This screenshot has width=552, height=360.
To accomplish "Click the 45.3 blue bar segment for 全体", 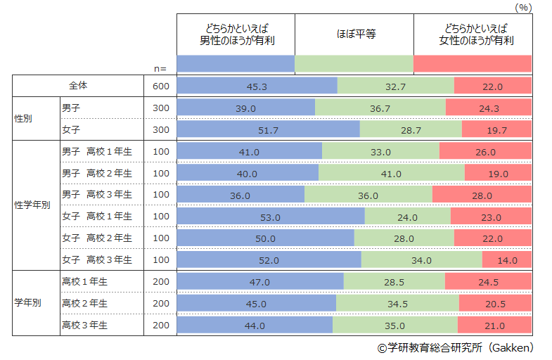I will pyautogui.click(x=257, y=86).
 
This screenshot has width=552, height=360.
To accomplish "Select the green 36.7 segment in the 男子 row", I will pyautogui.click(x=380, y=108).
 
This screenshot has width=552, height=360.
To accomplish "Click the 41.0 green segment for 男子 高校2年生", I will pyautogui.click(x=391, y=174).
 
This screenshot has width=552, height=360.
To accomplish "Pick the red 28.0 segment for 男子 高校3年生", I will pyautogui.click(x=481, y=195).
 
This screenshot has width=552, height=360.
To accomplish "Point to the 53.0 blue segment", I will pyautogui.click(x=270, y=217).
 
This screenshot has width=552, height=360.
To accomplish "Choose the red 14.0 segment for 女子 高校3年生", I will pyautogui.click(x=506, y=260).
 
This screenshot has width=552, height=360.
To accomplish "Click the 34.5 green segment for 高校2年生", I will pyautogui.click(x=397, y=304).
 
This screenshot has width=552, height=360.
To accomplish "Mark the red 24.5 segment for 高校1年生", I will pyautogui.click(x=487, y=282).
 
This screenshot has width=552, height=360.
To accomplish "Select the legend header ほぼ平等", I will pyautogui.click(x=354, y=34).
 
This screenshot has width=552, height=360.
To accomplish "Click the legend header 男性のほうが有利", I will pyautogui.click(x=236, y=34).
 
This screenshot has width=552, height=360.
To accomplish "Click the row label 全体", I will pyautogui.click(x=78, y=86).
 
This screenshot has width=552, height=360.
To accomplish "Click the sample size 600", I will pyautogui.click(x=160, y=86).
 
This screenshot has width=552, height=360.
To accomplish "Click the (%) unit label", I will pyautogui.click(x=525, y=7).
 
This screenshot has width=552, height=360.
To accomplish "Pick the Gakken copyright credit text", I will pyautogui.click(x=455, y=348).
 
